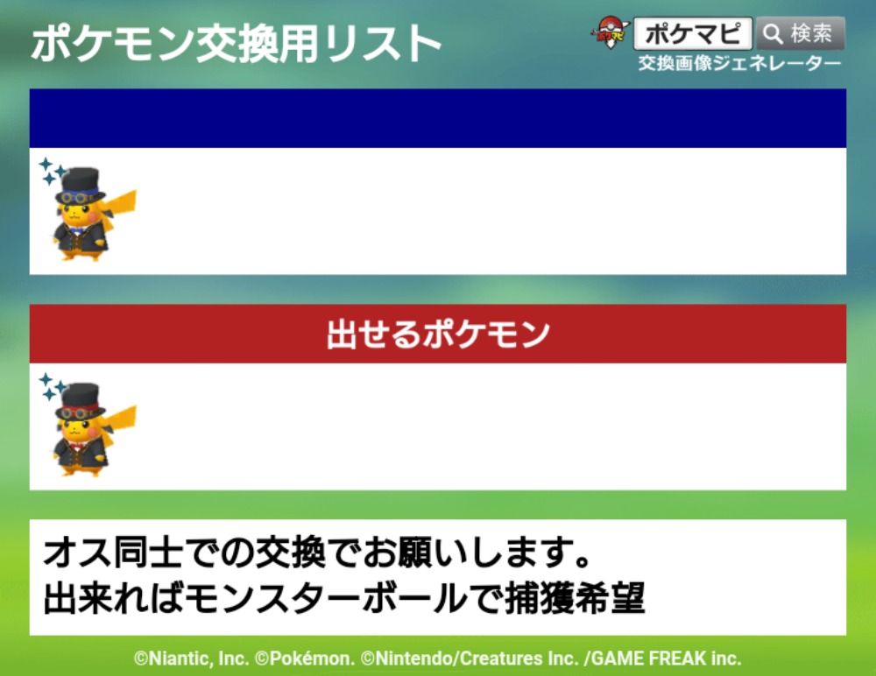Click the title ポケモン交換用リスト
[x=237, y=43]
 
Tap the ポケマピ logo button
[x=693, y=33]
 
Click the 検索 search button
[x=801, y=33]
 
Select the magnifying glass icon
[x=774, y=34]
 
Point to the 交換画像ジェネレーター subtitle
[x=739, y=63]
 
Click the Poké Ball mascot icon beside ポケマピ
[x=610, y=32]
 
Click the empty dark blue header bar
[x=438, y=118]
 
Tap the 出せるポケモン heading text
[x=438, y=334]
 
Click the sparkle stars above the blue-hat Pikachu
[x=52, y=171]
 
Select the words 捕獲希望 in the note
[x=575, y=599]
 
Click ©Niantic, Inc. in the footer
[x=191, y=658]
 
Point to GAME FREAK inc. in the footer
[x=667, y=658]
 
